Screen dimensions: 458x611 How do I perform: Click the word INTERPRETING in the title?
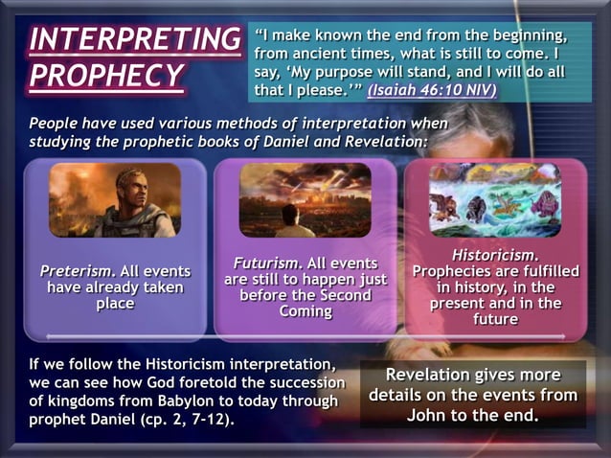click(x=134, y=39)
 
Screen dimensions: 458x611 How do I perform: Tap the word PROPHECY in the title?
click(x=105, y=76)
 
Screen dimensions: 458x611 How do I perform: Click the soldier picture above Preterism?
click(x=114, y=199)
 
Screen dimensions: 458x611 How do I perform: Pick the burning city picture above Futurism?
click(x=305, y=199)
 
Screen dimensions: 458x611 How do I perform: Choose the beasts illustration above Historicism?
click(x=495, y=199)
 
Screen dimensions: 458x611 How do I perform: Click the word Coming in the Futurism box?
click(x=305, y=311)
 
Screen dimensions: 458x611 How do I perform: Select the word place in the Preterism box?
click(x=115, y=303)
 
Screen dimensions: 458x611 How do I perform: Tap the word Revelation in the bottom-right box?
click(x=437, y=375)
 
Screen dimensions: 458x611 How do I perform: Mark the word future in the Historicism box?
click(x=495, y=319)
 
